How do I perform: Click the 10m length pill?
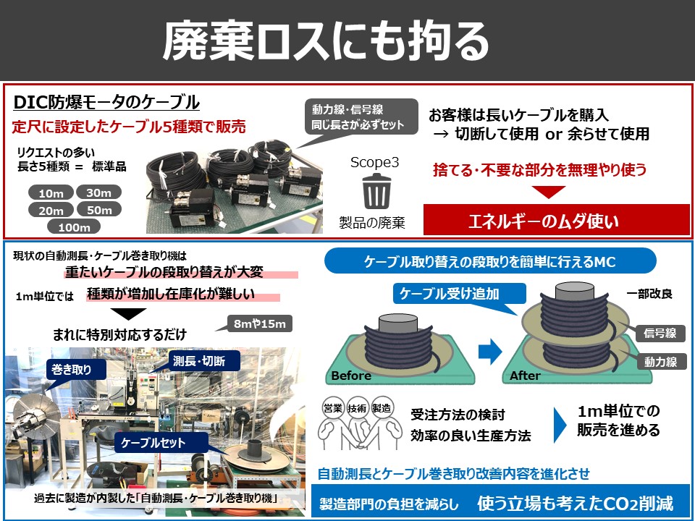coord(51,193)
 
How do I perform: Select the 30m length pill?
coord(98,192)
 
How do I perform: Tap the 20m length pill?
coord(51,210)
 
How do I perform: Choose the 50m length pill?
coord(99,209)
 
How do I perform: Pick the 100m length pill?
coord(74,226)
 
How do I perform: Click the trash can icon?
coord(376,191)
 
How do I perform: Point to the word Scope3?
coord(374,162)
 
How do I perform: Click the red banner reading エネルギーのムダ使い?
coord(556,220)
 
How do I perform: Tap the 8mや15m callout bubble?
coord(260,323)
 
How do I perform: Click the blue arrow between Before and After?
coord(490,352)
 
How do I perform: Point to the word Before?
coord(351,376)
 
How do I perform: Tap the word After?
coord(525,376)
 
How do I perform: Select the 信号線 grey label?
coord(660,333)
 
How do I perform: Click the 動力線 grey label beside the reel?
coord(660,362)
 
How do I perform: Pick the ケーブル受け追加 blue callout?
coord(459,293)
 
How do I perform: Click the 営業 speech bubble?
coord(333,408)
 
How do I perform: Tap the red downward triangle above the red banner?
coord(548,191)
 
